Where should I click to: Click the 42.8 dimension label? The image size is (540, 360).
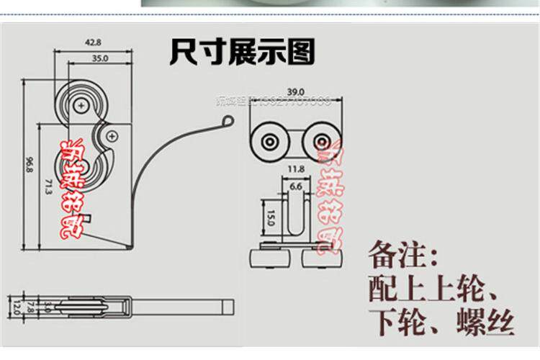[x=93, y=43]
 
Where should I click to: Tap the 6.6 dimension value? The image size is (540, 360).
[x=296, y=185]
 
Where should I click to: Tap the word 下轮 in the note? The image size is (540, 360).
[x=397, y=321]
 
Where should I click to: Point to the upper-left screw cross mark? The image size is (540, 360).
[x=85, y=107]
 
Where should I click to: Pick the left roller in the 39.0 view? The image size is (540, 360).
[x=270, y=140]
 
